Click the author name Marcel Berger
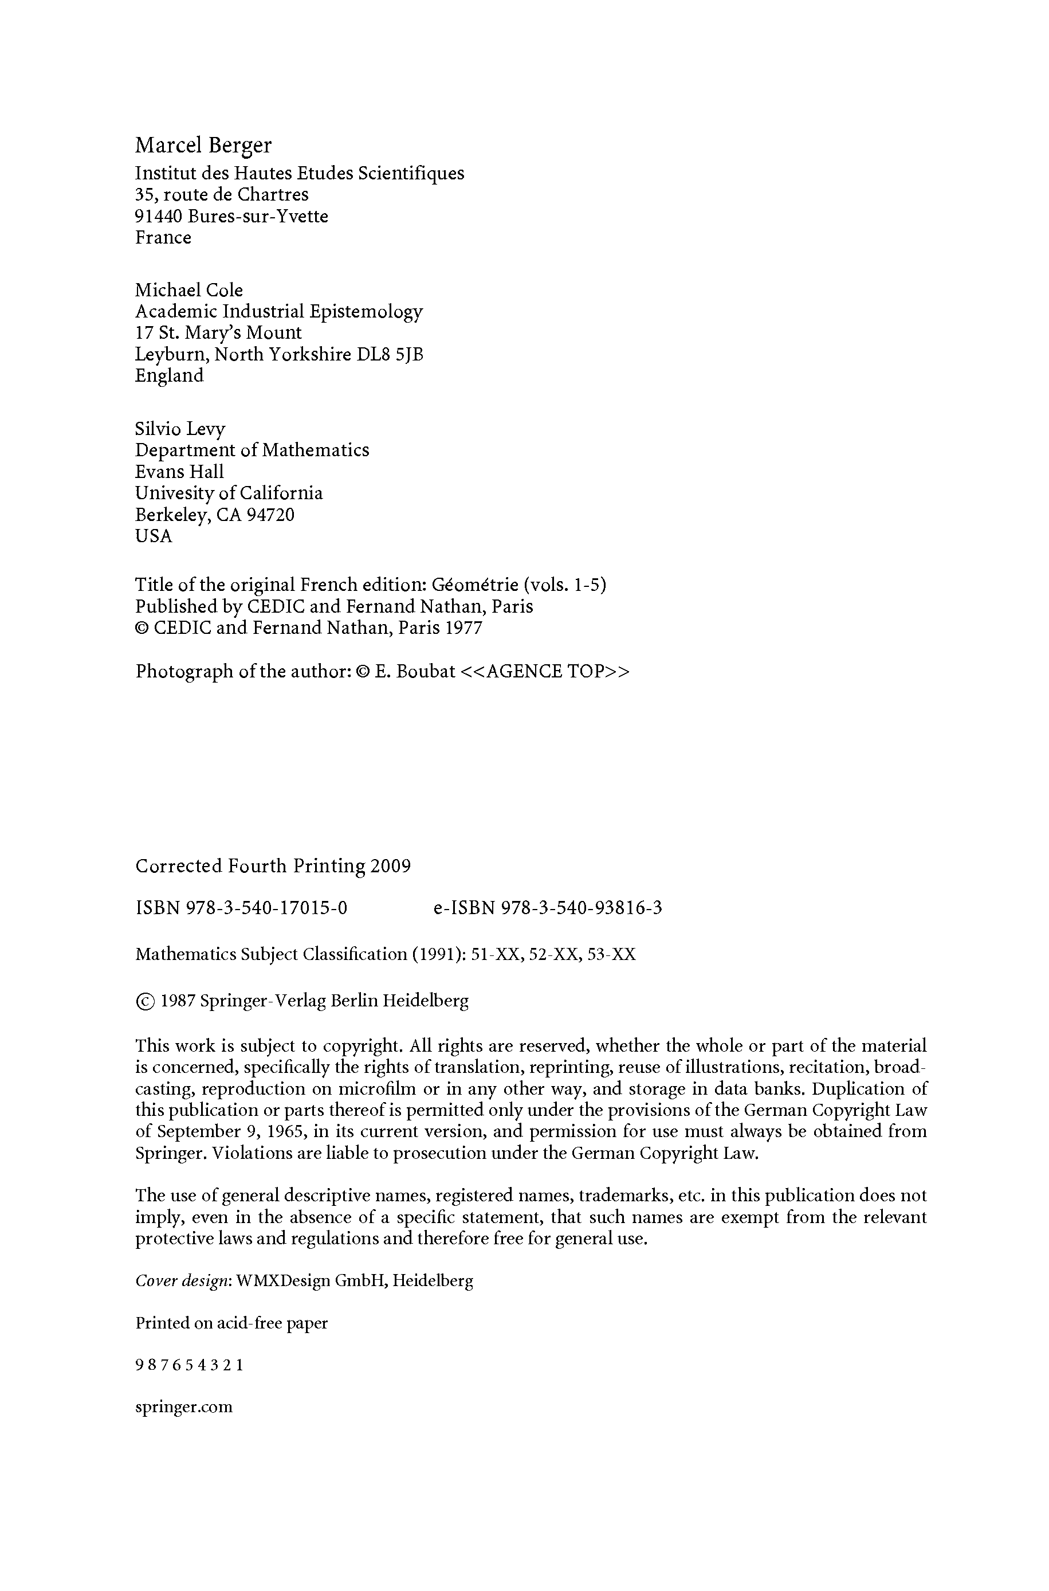coord(203,146)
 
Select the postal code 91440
coord(159,217)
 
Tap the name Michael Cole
coord(188,291)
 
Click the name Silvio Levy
coord(180,429)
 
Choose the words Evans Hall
coord(179,472)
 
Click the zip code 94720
coord(271,515)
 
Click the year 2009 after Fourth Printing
coord(390,867)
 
